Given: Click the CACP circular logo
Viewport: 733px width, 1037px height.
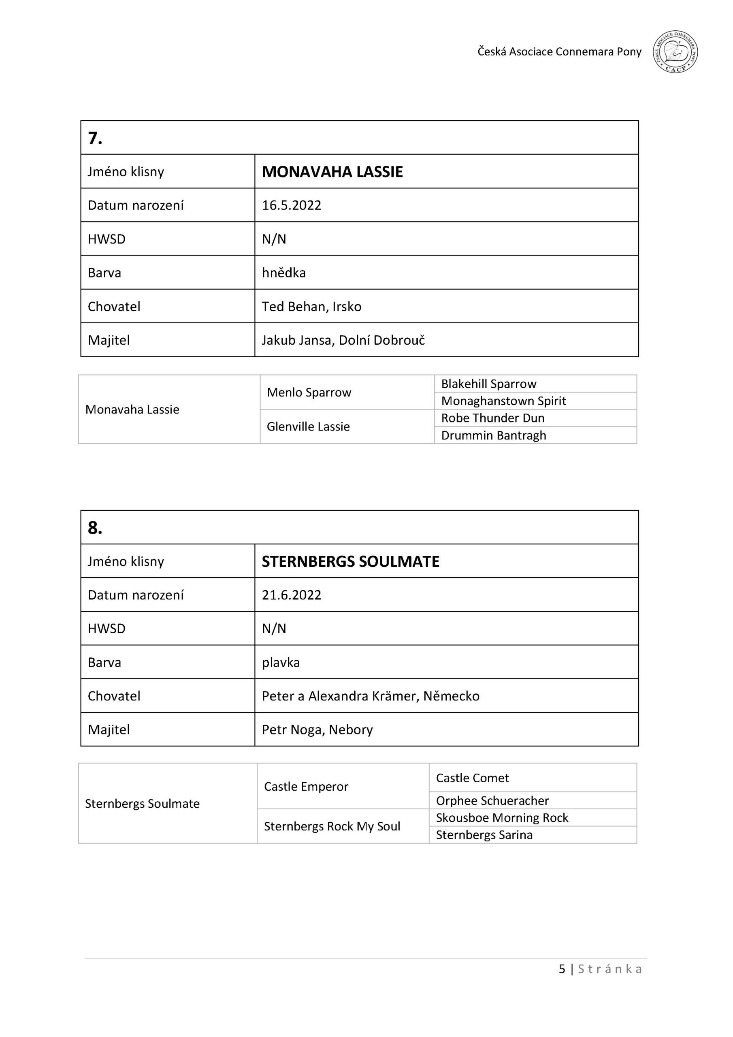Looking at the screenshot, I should click(675, 52).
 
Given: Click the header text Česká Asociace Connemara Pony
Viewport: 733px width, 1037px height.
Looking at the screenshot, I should click(559, 52).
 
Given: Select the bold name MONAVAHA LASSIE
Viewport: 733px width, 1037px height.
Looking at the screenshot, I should click(332, 172).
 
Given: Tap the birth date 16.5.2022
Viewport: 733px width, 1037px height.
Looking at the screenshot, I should click(291, 205).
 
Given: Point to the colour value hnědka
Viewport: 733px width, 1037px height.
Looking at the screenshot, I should click(283, 273).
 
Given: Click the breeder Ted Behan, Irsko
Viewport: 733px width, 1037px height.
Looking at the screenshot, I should click(311, 307).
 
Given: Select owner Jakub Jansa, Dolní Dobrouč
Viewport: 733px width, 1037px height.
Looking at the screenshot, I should click(343, 340).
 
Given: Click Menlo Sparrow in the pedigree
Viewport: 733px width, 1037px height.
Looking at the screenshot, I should click(309, 393).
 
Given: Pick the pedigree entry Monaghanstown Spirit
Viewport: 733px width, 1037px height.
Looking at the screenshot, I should click(503, 401).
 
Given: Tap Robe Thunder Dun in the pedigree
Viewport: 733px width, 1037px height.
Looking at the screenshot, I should click(492, 418).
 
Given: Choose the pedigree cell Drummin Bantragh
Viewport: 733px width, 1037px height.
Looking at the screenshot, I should click(493, 435).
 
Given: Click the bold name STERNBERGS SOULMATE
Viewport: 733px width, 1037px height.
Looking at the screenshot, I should click(350, 561).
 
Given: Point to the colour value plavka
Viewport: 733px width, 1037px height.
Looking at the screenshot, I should click(281, 663).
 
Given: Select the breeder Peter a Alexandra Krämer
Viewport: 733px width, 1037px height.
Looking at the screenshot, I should click(370, 696).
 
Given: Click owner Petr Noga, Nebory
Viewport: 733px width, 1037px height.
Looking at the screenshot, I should click(317, 730).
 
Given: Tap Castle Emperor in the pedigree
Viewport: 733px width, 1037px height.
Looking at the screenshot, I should click(306, 787).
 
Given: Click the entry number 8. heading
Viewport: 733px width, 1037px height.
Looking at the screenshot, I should click(95, 527).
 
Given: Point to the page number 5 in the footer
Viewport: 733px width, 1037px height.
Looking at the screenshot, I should click(562, 969).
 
